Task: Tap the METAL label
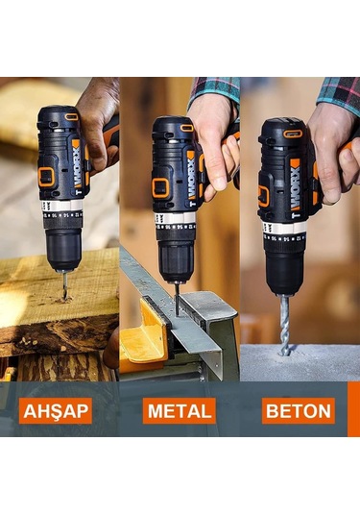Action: (179, 411)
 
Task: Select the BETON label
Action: (299, 411)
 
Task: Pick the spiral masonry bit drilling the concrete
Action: (284, 323)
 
